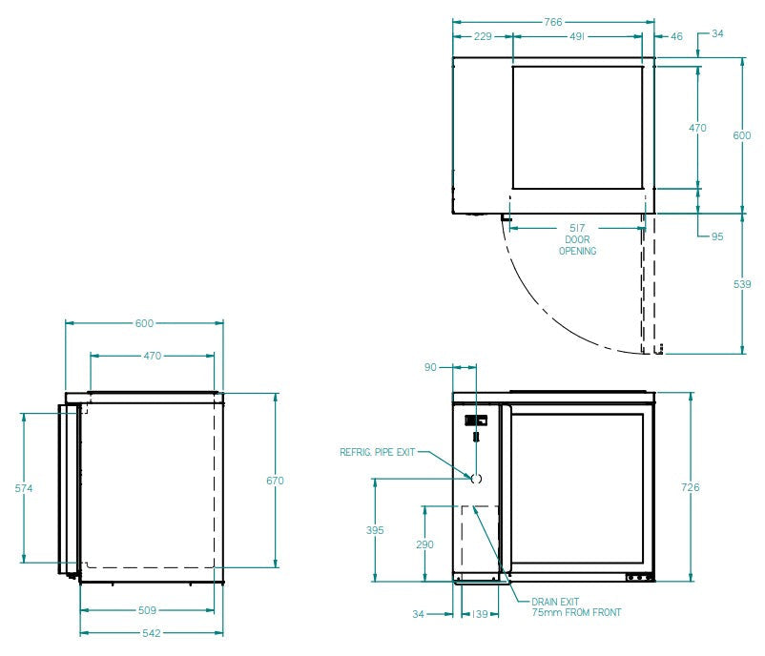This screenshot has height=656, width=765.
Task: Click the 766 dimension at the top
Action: click(x=553, y=21)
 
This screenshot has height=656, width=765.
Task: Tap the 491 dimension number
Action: click(x=577, y=36)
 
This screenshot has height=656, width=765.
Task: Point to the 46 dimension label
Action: click(x=676, y=36)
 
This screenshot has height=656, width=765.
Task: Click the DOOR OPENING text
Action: click(x=577, y=246)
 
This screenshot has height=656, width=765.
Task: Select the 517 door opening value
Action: click(x=577, y=229)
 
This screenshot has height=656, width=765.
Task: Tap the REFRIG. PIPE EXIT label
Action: click(x=378, y=452)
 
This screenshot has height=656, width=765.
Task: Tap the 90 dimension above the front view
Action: click(x=430, y=367)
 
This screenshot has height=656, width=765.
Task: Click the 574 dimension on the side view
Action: click(x=25, y=488)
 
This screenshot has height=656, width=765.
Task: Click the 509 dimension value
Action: click(x=147, y=610)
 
